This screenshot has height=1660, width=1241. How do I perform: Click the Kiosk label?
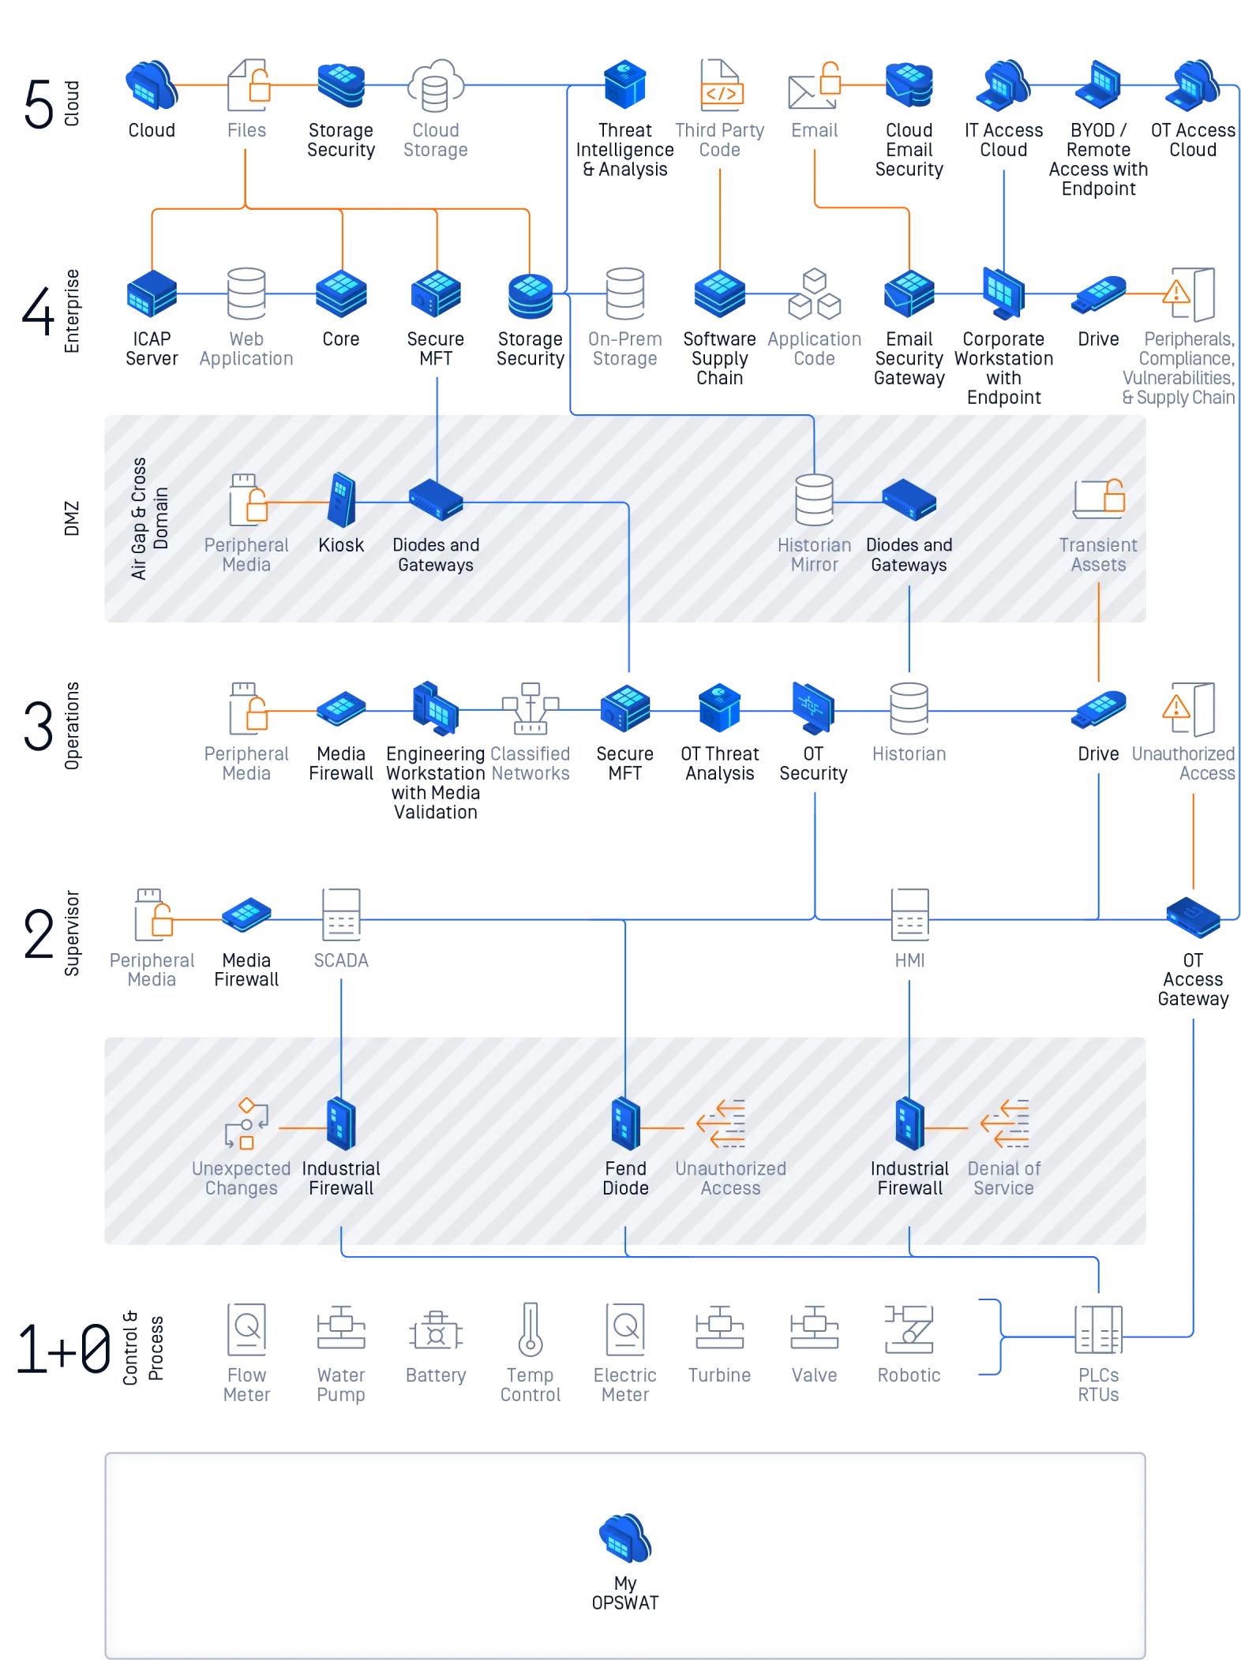point(341,545)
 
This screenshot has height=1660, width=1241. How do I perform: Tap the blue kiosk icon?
point(342,500)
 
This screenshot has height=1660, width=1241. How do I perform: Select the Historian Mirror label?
point(814,555)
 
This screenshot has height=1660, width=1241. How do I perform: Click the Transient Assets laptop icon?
point(1099,499)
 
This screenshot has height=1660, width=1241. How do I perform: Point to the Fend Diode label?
point(625,1178)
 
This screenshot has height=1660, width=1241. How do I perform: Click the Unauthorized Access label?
point(730,1178)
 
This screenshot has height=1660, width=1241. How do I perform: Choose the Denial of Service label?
point(1003,1178)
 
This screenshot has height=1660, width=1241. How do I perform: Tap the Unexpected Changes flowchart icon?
point(246,1123)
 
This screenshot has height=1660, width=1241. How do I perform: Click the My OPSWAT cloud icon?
point(625,1538)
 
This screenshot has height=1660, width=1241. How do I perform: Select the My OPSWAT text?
point(625,1593)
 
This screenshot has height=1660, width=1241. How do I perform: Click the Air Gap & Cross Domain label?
point(150,518)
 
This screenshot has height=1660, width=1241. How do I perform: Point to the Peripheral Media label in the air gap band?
point(246,555)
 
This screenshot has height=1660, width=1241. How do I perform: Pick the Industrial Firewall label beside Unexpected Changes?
point(341,1178)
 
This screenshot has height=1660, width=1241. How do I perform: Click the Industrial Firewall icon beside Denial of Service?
point(909,1123)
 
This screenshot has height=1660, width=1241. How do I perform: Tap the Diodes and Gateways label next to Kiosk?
point(436,555)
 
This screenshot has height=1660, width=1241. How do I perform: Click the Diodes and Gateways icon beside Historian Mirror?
point(909,500)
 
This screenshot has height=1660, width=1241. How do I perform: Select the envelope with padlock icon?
point(813,88)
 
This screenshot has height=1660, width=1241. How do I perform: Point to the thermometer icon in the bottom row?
point(531,1329)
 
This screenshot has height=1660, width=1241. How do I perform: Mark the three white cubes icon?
point(815,294)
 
